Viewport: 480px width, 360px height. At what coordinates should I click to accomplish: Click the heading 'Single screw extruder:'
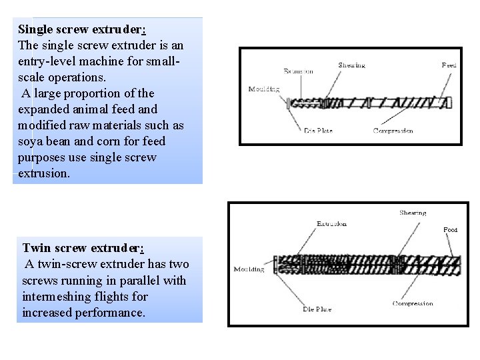pos(81,29)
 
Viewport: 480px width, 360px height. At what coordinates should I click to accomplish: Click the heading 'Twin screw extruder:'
pos(83,248)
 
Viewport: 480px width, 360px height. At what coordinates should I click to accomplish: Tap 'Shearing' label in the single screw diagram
pos(351,65)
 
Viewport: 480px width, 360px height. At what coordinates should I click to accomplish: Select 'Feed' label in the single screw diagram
pos(449,65)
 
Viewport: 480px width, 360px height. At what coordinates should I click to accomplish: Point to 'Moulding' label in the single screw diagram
pos(263,89)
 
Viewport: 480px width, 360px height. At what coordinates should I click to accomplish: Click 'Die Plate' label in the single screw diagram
pos(319,130)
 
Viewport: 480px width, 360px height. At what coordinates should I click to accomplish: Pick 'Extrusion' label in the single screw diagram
pos(299,71)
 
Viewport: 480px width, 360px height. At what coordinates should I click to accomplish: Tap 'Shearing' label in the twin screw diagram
pos(413,213)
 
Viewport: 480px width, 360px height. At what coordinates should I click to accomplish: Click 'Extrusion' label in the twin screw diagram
pos(331,224)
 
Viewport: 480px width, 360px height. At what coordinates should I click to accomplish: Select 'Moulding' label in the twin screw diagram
pos(249,269)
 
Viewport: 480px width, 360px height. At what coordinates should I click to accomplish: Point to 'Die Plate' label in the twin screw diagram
pos(317,309)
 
